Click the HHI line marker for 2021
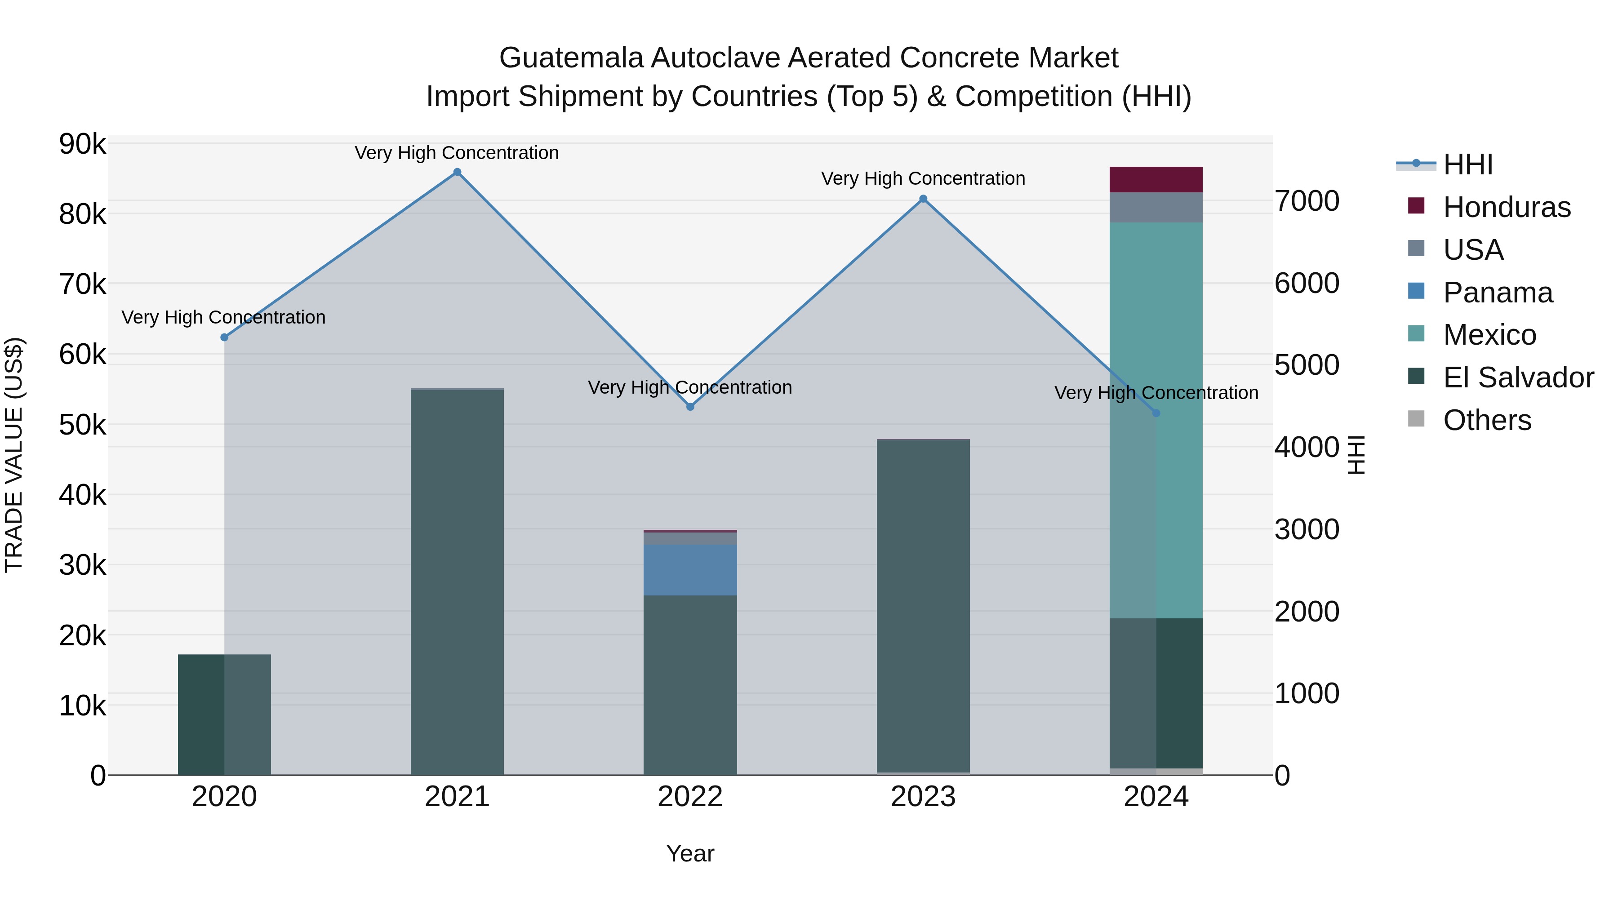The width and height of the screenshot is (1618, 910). [x=457, y=172]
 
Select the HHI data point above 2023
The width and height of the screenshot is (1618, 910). [x=923, y=199]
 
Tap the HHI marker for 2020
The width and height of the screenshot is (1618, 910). [x=224, y=337]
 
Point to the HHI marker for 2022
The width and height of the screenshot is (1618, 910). [x=690, y=407]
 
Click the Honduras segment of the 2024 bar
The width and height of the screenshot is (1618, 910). [x=1156, y=180]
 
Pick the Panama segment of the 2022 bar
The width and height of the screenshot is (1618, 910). [x=690, y=570]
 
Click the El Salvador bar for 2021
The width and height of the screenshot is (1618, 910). [x=457, y=582]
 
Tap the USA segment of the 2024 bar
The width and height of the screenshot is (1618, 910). [x=1156, y=207]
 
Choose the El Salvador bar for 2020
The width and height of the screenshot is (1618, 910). [x=224, y=715]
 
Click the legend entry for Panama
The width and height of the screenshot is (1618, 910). [x=1498, y=293]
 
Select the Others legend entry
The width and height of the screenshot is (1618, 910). [x=1487, y=420]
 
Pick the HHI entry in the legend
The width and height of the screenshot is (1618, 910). [x=1467, y=164]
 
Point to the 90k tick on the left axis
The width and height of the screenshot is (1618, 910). [x=82, y=144]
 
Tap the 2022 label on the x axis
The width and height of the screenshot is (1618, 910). [x=690, y=797]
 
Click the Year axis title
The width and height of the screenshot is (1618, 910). [x=690, y=853]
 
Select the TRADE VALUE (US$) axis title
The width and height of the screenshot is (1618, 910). [x=14, y=455]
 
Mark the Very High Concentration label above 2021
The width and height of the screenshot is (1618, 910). [x=457, y=153]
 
